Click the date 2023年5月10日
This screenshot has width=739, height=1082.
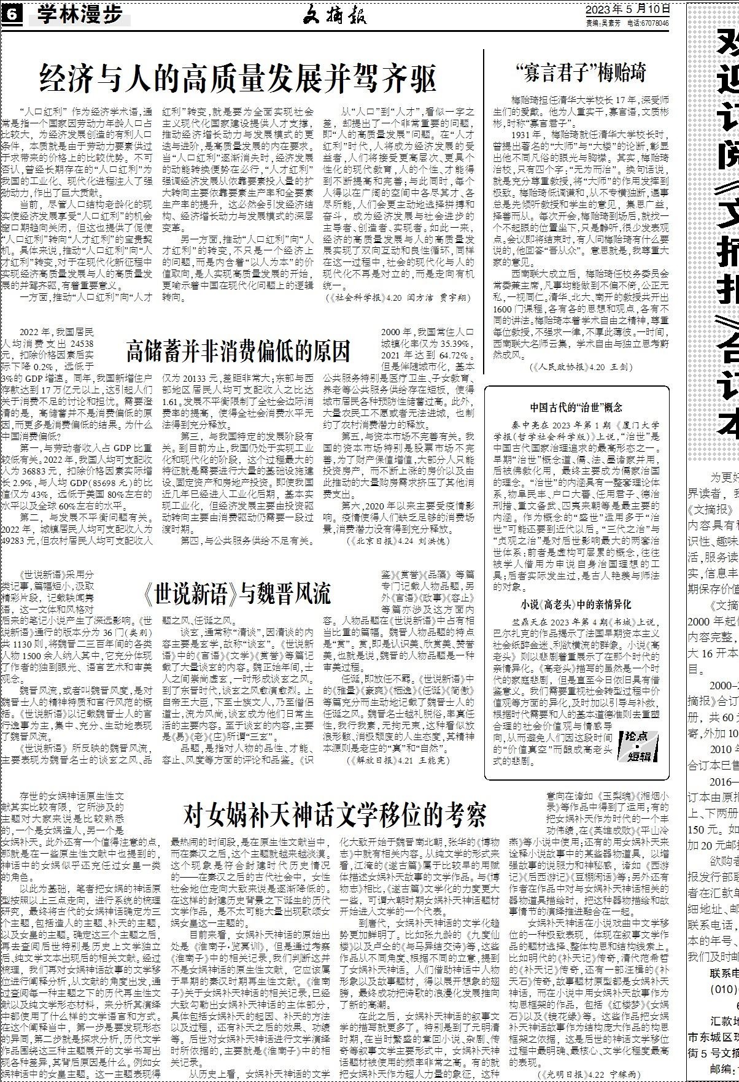[626, 9]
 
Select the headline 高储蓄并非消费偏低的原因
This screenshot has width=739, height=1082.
[238, 350]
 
